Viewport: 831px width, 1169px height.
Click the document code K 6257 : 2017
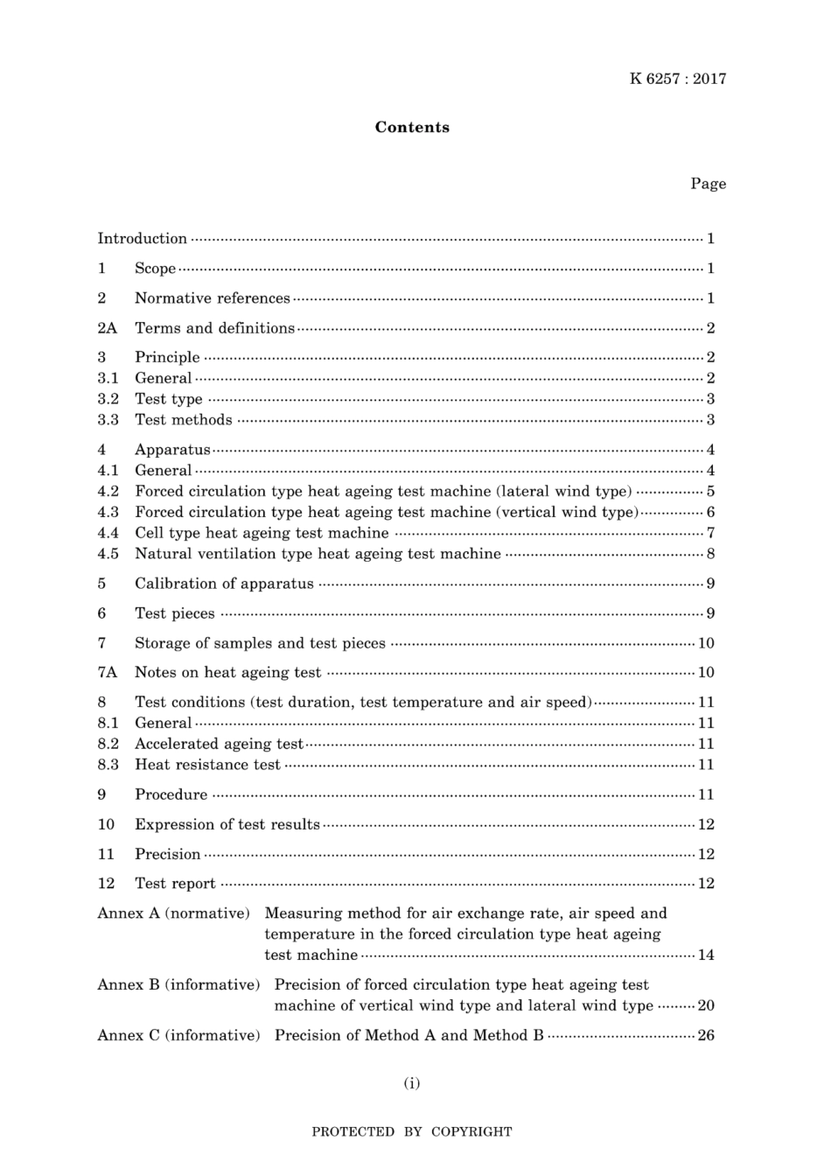click(x=677, y=79)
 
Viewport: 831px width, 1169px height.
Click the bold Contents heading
click(x=412, y=127)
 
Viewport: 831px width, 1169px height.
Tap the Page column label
click(x=708, y=184)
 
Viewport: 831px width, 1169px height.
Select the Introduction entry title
click(x=142, y=239)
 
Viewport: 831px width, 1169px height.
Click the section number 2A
click(x=107, y=328)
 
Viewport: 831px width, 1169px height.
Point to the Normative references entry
click(x=212, y=298)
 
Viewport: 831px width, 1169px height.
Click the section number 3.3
click(x=108, y=420)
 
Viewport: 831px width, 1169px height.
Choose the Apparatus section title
click(x=172, y=450)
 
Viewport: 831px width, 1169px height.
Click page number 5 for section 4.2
click(x=710, y=492)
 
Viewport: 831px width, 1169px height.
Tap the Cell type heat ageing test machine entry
click(x=262, y=533)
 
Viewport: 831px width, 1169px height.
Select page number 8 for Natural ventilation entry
click(x=710, y=554)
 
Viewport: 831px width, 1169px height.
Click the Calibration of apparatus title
click(x=224, y=584)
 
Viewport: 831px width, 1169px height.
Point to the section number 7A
click(x=107, y=673)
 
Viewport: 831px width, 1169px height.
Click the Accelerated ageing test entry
click(x=219, y=744)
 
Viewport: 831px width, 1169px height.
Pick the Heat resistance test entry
click(x=207, y=765)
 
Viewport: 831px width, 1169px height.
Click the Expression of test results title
click(x=227, y=824)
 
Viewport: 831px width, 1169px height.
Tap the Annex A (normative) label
click(x=174, y=913)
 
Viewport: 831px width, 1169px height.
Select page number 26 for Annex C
click(x=705, y=1036)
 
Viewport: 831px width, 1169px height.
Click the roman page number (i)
click(x=412, y=1083)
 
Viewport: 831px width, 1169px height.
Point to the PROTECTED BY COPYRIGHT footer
click(x=412, y=1132)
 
